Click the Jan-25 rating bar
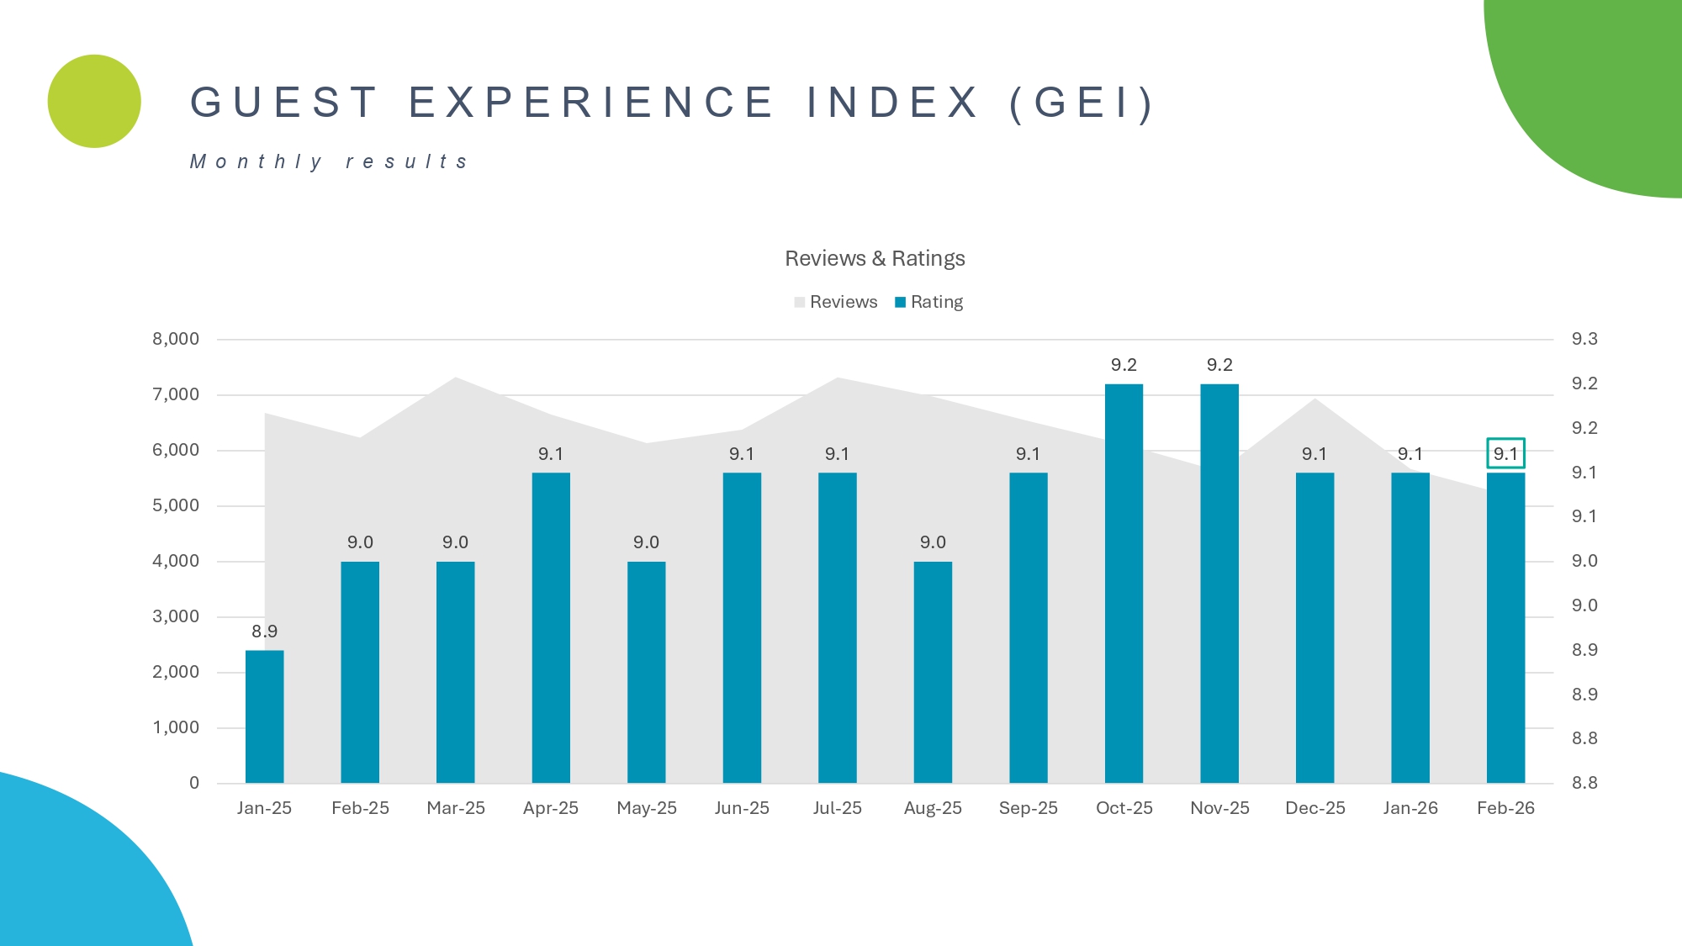point(264,716)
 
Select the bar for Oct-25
point(1124,584)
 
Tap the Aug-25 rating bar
point(933,672)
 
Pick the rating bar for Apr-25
point(551,627)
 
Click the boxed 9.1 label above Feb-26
point(1505,454)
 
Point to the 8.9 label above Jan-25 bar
point(264,632)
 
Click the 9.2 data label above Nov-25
point(1219,365)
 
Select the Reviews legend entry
point(835,302)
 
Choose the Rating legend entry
point(928,302)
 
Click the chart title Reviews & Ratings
point(875,258)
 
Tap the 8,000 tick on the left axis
point(176,339)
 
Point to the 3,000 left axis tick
point(176,616)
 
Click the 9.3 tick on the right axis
point(1584,339)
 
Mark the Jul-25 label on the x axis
point(838,808)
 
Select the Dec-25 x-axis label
point(1315,808)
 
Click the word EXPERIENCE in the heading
point(591,103)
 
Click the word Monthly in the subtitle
point(256,161)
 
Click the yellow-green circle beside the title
point(94,102)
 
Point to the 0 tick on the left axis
point(194,783)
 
